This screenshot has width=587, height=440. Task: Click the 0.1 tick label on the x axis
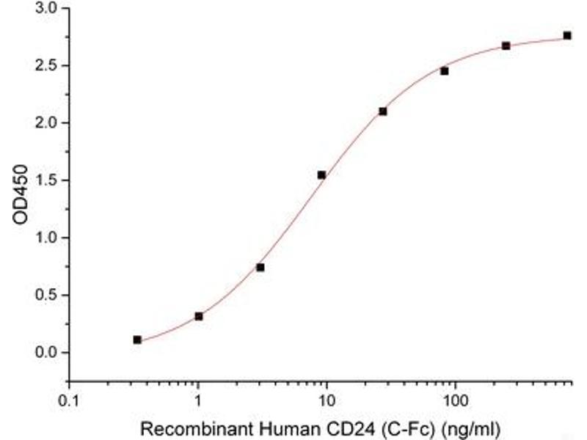click(69, 401)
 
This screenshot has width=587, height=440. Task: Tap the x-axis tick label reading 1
click(198, 401)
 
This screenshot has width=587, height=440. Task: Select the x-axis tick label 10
click(327, 401)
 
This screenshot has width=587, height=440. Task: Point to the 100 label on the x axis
click(455, 401)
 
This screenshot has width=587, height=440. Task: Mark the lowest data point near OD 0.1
click(137, 340)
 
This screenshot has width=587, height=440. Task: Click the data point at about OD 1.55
click(321, 175)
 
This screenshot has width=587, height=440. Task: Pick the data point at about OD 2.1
click(383, 111)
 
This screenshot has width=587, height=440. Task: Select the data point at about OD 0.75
click(260, 267)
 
